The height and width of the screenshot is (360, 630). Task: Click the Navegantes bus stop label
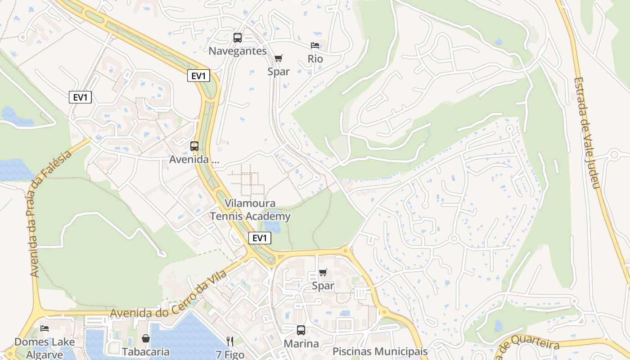(238, 51)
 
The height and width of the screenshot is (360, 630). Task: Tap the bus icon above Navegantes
(238, 38)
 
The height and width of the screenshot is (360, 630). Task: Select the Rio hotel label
(315, 58)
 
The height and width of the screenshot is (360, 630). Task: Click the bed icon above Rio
(315, 45)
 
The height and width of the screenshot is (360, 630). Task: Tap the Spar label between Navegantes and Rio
(279, 71)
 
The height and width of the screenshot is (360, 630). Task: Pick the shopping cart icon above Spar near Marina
(323, 272)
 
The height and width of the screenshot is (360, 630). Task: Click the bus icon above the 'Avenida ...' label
(194, 146)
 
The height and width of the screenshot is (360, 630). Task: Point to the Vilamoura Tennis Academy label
(251, 210)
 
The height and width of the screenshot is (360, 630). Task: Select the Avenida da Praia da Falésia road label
(50, 213)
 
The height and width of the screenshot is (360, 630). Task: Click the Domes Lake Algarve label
(45, 348)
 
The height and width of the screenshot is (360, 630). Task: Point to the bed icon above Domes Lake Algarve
(45, 328)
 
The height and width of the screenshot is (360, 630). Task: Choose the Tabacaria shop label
(145, 352)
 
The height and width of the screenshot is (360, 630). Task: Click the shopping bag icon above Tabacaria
(146, 338)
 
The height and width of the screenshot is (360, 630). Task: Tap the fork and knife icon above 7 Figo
(230, 342)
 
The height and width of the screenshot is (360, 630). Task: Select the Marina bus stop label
(301, 344)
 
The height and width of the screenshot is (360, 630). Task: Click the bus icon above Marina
(301, 330)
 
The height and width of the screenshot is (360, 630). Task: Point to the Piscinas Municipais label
(379, 351)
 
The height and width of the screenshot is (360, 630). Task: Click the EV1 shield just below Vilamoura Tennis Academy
(260, 238)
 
